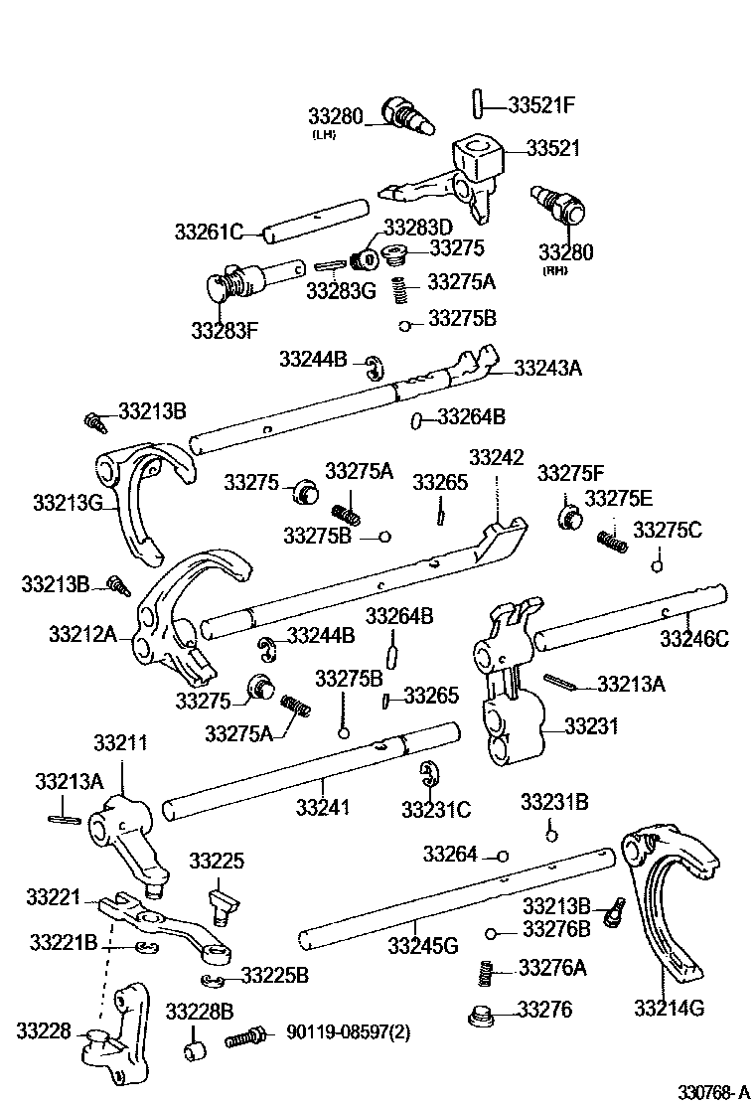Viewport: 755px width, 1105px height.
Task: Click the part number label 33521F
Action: (x=542, y=102)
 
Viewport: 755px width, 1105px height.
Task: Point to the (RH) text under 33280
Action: (x=553, y=270)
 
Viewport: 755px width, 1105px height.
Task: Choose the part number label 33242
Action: (x=496, y=458)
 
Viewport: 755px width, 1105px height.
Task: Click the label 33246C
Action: (x=693, y=639)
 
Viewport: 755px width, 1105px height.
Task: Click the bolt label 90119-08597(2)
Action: (x=348, y=1032)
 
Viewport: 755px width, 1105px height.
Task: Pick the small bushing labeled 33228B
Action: (x=195, y=1050)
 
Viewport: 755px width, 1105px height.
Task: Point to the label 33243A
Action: (x=547, y=368)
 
